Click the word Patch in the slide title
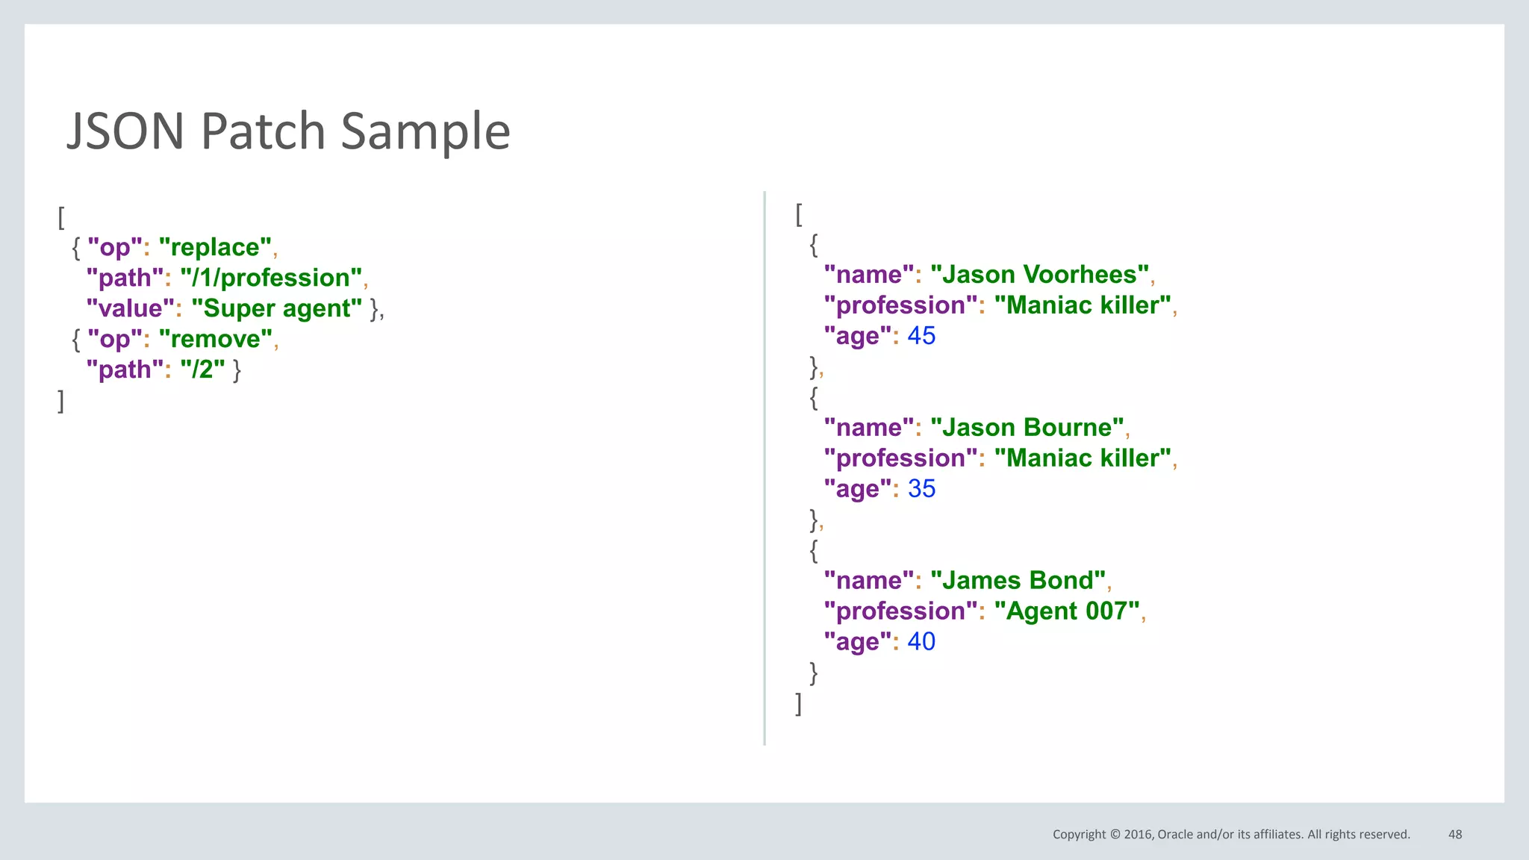(262, 131)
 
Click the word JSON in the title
(125, 131)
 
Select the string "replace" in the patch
(215, 247)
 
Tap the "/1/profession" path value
(271, 278)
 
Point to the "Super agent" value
(276, 308)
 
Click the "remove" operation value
(215, 339)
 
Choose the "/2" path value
(202, 370)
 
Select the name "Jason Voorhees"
(1039, 275)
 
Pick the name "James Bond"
(1018, 581)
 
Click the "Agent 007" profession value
(1067, 611)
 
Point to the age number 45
(921, 336)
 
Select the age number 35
(921, 489)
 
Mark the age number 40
(921, 642)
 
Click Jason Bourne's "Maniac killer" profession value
(1083, 458)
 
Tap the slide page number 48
(1455, 835)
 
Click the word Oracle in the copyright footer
(1175, 835)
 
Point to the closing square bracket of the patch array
(61, 401)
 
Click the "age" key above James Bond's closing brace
(858, 642)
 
